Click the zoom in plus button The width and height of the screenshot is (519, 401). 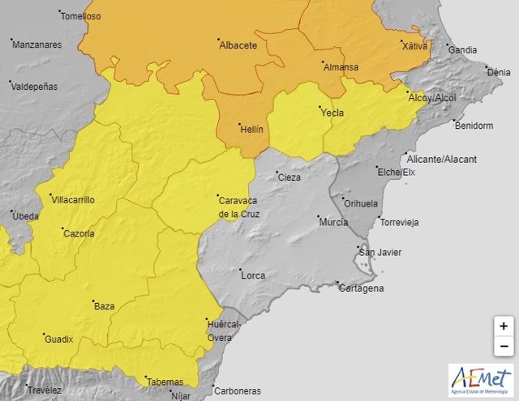click(x=504, y=326)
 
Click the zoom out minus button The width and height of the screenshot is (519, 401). click(x=504, y=346)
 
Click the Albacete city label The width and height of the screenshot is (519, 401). click(x=238, y=45)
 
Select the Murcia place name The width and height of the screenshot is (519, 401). click(x=333, y=222)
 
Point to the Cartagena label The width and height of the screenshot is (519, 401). click(x=362, y=288)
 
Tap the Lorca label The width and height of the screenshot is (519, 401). click(x=253, y=275)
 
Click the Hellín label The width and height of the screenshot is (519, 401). click(x=251, y=129)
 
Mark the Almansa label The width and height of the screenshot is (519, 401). click(x=341, y=68)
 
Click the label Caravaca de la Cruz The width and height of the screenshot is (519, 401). click(x=238, y=207)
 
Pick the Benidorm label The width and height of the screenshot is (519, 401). click(x=474, y=126)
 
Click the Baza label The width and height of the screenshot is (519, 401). click(x=105, y=306)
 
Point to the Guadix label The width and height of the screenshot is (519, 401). click(x=58, y=339)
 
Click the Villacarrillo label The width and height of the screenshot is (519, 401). click(x=72, y=199)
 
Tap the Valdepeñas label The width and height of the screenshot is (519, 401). click(x=38, y=85)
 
